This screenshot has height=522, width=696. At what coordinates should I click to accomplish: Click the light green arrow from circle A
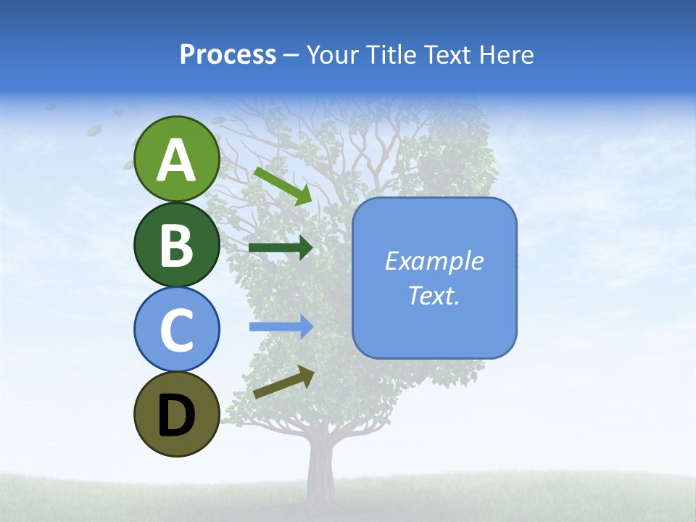click(x=283, y=185)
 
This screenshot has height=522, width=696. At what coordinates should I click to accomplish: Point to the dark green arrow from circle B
click(x=280, y=248)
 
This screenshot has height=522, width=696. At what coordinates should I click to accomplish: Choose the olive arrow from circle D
click(x=283, y=382)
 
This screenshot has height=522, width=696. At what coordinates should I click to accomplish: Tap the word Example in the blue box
click(x=434, y=261)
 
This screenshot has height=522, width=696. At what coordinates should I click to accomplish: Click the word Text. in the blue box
click(x=434, y=296)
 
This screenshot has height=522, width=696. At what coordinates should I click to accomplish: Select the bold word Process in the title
click(x=228, y=54)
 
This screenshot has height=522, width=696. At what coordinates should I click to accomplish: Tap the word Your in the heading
click(x=333, y=54)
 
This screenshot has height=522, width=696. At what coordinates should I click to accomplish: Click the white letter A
click(x=177, y=160)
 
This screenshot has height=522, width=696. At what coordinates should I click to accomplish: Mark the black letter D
click(x=177, y=415)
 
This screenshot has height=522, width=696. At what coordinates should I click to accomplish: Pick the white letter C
click(x=177, y=330)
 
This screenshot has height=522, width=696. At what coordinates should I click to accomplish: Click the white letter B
click(x=177, y=245)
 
